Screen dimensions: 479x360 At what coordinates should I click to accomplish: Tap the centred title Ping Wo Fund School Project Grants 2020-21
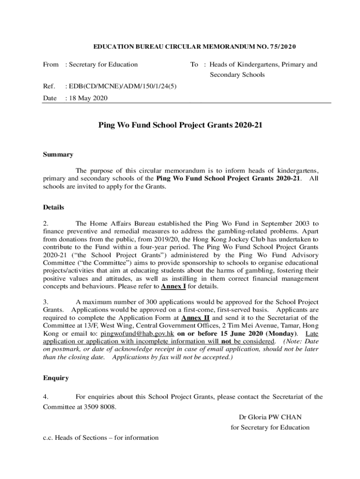tap(180, 125)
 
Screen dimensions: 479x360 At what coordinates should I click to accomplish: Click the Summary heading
tap(58, 155)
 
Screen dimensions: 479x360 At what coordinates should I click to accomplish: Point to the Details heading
tap(54, 207)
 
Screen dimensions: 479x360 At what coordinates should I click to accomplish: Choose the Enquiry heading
tap(56, 377)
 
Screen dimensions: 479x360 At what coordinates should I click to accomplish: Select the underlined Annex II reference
tap(195, 318)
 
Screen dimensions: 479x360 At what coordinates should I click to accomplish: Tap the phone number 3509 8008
tap(100, 406)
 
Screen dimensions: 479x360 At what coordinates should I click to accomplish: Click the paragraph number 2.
tap(45, 224)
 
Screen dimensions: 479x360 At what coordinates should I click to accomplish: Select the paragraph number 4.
tap(45, 397)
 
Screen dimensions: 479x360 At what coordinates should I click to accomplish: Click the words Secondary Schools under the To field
tap(237, 75)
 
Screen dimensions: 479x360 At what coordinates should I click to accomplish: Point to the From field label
tap(51, 65)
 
